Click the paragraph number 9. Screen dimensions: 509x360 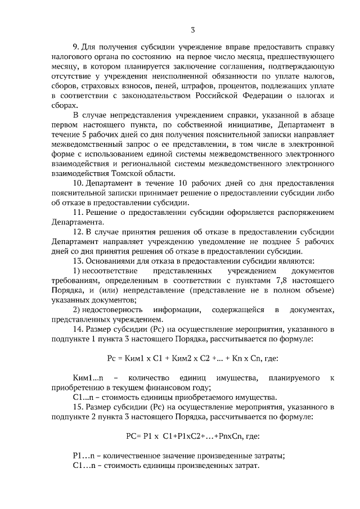click(x=75, y=47)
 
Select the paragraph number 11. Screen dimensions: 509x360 click(x=78, y=213)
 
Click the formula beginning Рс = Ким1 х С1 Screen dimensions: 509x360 click(x=193, y=359)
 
